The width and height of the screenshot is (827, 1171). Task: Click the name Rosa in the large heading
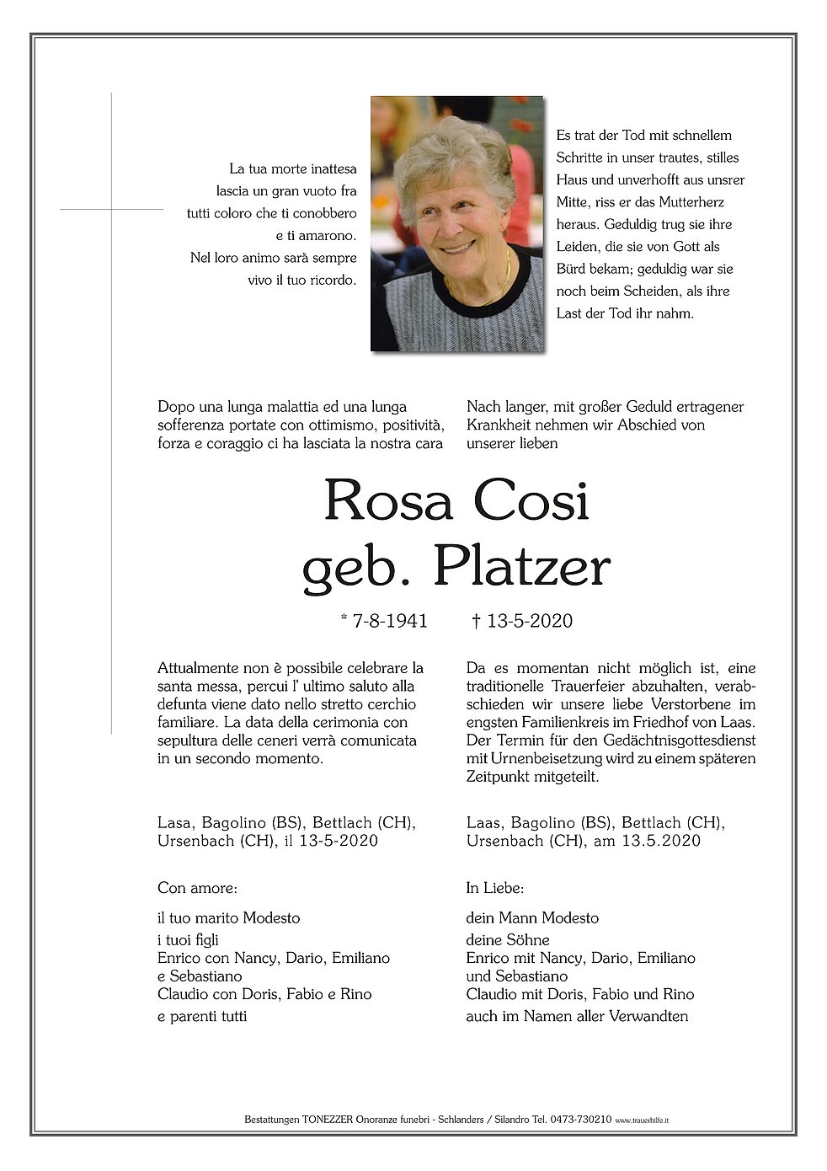pos(388,500)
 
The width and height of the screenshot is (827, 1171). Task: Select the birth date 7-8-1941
pos(390,621)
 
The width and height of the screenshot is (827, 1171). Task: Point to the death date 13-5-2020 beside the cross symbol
pos(530,621)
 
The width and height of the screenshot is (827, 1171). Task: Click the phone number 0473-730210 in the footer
pos(579,1120)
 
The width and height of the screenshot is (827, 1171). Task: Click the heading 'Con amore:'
pos(197,888)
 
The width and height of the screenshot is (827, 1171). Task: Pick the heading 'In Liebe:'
pos(495,888)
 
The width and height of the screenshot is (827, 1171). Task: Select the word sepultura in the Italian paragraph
pos(189,741)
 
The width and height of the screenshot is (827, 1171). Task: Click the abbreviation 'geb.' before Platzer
pos(354,569)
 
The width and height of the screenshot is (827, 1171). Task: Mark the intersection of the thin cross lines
pos(112,209)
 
